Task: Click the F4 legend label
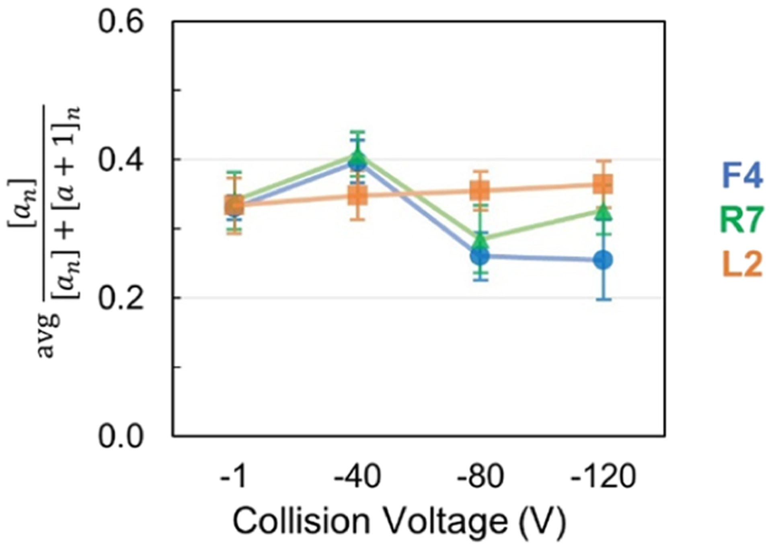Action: [x=742, y=175]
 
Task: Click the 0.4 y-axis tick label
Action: [x=121, y=160]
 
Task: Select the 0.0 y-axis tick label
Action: [x=121, y=437]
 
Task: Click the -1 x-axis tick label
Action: [x=233, y=477]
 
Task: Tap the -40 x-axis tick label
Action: [x=357, y=477]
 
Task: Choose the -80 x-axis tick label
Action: [x=480, y=477]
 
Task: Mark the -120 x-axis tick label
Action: [x=603, y=477]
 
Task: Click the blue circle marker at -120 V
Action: [x=603, y=260]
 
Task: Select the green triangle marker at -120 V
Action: [x=603, y=212]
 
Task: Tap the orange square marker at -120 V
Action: [x=603, y=184]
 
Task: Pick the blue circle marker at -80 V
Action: [x=480, y=256]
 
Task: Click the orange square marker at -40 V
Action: [x=357, y=196]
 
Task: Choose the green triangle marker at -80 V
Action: [x=480, y=241]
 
